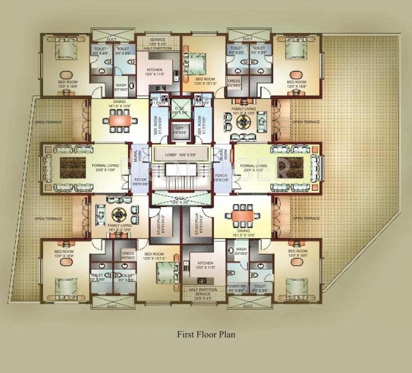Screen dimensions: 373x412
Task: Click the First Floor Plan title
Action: (206, 335)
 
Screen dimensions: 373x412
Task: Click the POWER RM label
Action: (236, 286)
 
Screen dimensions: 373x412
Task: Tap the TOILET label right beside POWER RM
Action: (259, 286)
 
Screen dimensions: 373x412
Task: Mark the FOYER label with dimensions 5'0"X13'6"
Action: (221, 177)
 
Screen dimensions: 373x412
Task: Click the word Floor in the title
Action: (206, 335)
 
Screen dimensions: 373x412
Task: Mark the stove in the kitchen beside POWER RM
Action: (201, 281)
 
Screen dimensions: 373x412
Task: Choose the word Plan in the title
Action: (227, 335)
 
